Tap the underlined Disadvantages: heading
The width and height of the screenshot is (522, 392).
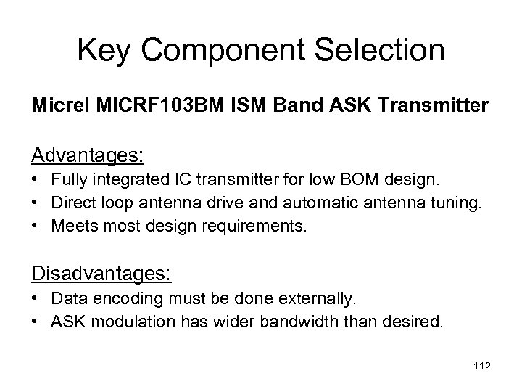[x=101, y=274]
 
